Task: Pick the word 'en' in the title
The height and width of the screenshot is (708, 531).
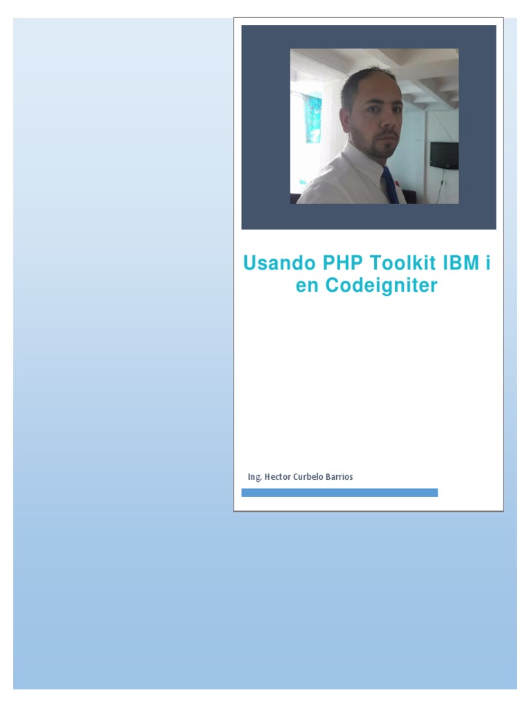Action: [x=307, y=286]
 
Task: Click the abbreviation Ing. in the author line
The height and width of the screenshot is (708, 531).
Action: [x=254, y=477]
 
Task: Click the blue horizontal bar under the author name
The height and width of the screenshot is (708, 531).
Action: [x=339, y=492]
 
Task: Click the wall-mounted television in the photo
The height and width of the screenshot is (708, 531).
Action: [x=444, y=155]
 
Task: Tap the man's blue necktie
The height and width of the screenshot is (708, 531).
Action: [x=390, y=185]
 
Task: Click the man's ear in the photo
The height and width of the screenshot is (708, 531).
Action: [x=352, y=118]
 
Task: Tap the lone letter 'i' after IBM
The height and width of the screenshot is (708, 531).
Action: [x=487, y=264]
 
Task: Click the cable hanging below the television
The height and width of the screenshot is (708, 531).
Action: [x=440, y=185]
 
